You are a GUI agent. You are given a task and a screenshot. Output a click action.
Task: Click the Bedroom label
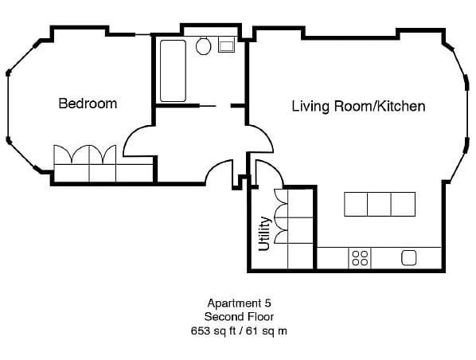click(x=88, y=104)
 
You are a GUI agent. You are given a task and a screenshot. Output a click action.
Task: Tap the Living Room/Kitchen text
click(x=358, y=106)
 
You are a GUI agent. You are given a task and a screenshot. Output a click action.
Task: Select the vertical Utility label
click(x=265, y=233)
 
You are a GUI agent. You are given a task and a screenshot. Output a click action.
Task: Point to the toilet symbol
click(x=204, y=45)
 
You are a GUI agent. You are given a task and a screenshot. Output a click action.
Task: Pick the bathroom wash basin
click(x=226, y=45)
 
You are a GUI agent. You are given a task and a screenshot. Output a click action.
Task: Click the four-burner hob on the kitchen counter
click(x=360, y=257)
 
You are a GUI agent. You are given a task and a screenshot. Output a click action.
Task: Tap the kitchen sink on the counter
click(x=409, y=257)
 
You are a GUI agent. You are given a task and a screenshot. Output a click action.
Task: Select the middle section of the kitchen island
click(x=380, y=204)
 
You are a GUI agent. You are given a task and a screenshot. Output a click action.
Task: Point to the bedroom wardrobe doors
click(x=84, y=155)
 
